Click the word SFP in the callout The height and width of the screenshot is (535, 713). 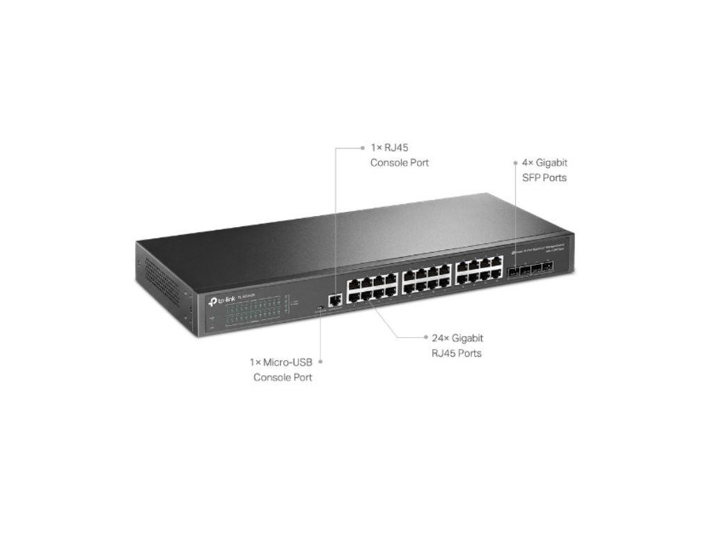[533, 178]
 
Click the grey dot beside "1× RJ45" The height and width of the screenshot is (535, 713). [363, 148]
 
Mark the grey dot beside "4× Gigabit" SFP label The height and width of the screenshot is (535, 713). [515, 162]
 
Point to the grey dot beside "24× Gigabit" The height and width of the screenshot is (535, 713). [425, 338]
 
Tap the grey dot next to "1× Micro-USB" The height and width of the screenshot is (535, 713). [321, 362]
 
